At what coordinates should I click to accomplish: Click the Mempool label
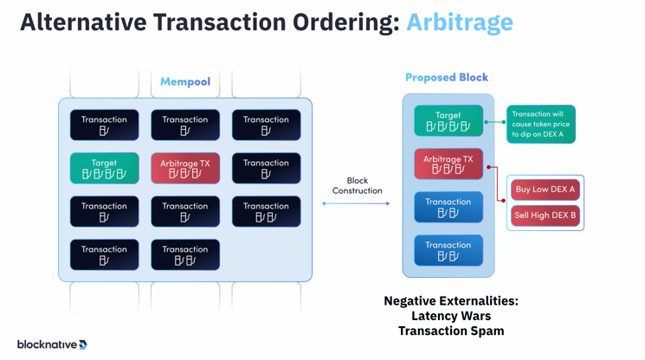(x=184, y=82)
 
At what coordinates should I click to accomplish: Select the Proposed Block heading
(x=446, y=77)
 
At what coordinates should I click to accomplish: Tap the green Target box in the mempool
(x=104, y=168)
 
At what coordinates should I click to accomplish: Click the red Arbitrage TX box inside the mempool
(x=184, y=168)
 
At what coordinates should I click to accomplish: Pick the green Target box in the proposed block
(x=448, y=121)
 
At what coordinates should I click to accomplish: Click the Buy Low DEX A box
(x=545, y=190)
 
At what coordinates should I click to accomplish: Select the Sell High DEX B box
(x=545, y=215)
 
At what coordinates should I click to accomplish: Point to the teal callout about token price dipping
(x=540, y=124)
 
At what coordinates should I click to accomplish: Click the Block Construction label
(x=357, y=185)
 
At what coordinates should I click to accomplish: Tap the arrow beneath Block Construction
(x=357, y=203)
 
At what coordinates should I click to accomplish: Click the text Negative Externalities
(x=450, y=301)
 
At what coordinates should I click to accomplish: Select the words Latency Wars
(x=450, y=316)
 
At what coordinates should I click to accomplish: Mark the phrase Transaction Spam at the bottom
(x=450, y=331)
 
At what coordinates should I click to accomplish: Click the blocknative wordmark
(x=46, y=344)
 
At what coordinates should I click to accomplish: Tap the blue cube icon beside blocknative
(x=83, y=344)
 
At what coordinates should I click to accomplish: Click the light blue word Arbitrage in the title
(x=459, y=22)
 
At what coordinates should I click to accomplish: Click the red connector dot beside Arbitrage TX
(x=489, y=167)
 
